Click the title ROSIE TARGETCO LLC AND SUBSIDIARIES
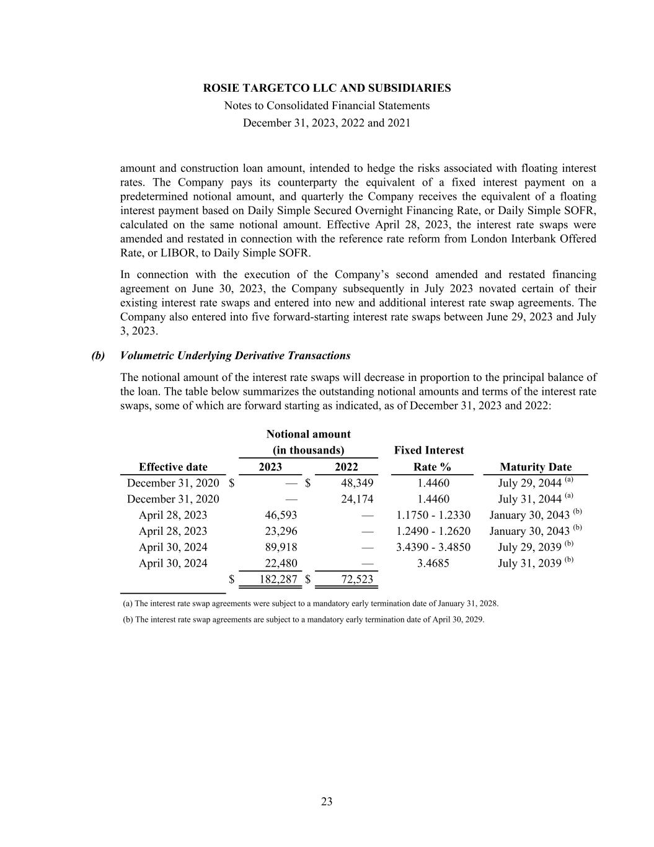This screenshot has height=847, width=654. click(x=327, y=88)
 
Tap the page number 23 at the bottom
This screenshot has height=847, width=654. click(x=327, y=802)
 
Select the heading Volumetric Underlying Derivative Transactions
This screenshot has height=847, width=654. click(x=235, y=356)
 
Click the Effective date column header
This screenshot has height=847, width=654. click(x=173, y=467)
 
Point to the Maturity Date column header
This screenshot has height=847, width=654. click(x=535, y=467)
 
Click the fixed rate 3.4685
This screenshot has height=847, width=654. click(x=433, y=563)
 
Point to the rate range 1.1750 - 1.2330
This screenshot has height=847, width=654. click(x=433, y=515)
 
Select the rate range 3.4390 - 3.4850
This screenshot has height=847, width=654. click(x=433, y=547)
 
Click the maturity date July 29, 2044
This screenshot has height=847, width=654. click(x=530, y=483)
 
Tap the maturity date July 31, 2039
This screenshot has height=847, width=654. click(x=530, y=563)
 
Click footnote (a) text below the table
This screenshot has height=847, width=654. click(x=311, y=603)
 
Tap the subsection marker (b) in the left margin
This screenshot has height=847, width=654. click(x=98, y=356)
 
